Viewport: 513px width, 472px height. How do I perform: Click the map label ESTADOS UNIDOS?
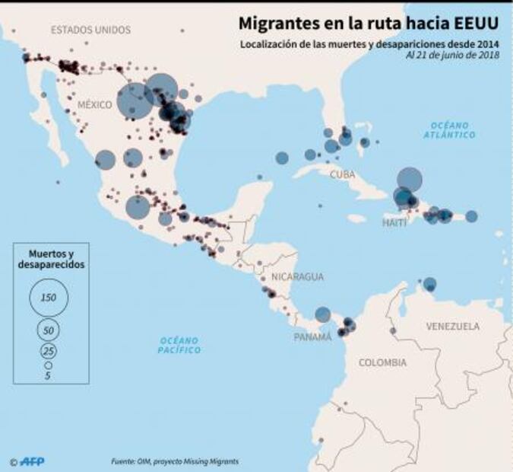click(90, 30)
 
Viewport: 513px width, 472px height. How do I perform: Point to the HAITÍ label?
click(394, 222)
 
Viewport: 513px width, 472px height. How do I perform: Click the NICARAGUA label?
click(297, 276)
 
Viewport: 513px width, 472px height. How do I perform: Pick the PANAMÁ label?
click(312, 336)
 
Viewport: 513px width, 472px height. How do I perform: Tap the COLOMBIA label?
click(383, 362)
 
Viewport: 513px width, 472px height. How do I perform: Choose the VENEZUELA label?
click(453, 326)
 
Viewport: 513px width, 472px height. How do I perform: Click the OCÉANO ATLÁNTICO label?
click(451, 129)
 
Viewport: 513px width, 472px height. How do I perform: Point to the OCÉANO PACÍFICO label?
click(180, 345)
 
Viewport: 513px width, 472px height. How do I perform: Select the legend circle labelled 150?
click(49, 297)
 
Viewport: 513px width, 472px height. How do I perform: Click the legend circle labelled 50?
click(49, 330)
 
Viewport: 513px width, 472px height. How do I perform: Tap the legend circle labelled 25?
click(49, 351)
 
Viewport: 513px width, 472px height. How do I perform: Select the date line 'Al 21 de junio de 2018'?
click(452, 56)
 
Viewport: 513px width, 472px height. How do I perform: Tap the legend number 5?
click(48, 376)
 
